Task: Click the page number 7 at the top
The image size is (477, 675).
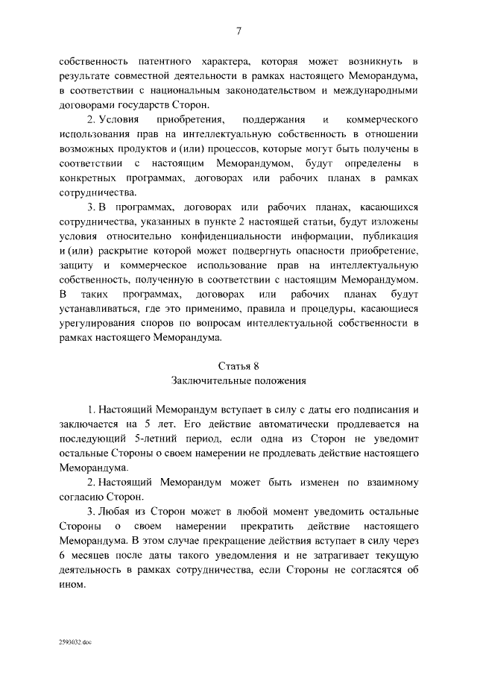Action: pyautogui.click(x=238, y=31)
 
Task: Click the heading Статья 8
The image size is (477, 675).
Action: pyautogui.click(x=238, y=365)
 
